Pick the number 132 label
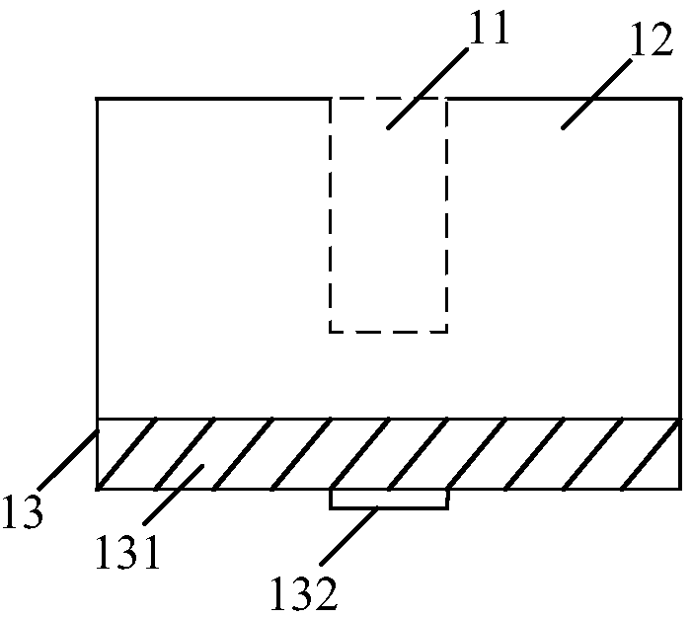pos(305,593)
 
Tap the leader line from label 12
pos(598,94)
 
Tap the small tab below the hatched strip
pos(388,499)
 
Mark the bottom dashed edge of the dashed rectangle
pos(388,332)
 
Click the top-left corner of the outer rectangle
pos(97,99)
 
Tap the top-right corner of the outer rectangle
pos(681,99)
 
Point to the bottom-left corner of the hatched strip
pos(97,488)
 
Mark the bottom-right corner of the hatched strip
pos(681,488)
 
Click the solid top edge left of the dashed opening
pos(212,99)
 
